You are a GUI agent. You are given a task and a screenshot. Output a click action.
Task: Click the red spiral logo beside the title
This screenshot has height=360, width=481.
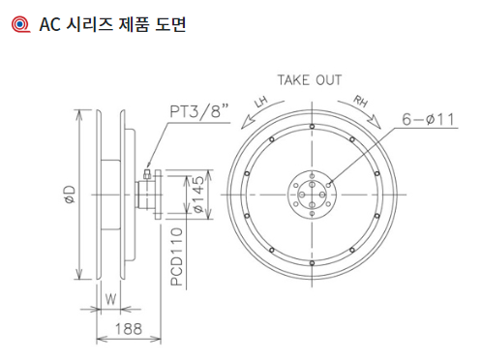pos(21,24)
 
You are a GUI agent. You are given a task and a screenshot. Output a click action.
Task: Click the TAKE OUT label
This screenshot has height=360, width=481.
pos(310,80)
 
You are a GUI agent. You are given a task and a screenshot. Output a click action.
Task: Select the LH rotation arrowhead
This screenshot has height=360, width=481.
pos(247,124)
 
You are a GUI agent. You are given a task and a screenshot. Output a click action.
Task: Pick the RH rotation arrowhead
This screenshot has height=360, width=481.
pos(375,123)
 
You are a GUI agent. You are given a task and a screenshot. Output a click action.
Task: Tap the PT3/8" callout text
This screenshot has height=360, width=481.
pos(199,111)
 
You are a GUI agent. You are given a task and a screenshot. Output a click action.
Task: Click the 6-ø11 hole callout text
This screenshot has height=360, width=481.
pos(428,119)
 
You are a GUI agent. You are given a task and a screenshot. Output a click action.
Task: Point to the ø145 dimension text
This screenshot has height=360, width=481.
pos(199,195)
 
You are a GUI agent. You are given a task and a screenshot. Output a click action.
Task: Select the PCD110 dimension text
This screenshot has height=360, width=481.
pos(176,256)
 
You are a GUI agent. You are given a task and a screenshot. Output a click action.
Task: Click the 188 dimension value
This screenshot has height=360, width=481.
pos(129,329)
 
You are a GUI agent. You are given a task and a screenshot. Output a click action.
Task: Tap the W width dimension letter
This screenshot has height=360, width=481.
pos(110,299)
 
